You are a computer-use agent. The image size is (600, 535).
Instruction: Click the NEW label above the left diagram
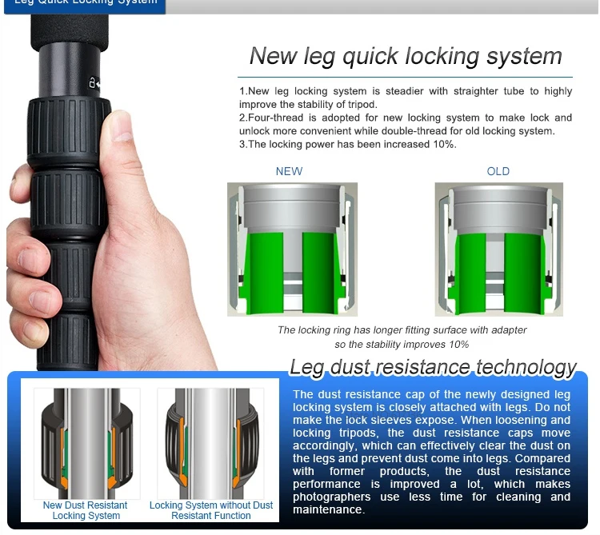[x=289, y=171]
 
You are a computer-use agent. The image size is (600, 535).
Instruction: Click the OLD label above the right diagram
[x=498, y=171]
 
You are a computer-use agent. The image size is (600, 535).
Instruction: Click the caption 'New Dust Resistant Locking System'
[x=86, y=510]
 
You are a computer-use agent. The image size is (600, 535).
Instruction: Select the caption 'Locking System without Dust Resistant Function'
[x=211, y=510]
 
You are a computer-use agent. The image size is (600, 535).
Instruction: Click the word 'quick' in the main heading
[x=370, y=57]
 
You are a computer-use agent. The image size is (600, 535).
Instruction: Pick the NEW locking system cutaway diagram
[x=292, y=250]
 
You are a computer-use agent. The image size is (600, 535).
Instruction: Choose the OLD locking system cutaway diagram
[x=498, y=250]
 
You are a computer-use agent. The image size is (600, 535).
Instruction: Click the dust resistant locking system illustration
[x=87, y=443]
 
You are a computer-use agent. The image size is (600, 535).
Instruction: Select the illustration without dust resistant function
[x=211, y=443]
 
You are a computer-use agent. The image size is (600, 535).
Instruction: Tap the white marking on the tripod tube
[x=94, y=82]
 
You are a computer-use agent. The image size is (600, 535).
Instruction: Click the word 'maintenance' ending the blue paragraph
[x=327, y=509]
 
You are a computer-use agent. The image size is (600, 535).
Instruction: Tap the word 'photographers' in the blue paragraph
[x=331, y=497]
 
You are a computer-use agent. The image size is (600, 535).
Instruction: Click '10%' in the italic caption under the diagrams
[x=459, y=345]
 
